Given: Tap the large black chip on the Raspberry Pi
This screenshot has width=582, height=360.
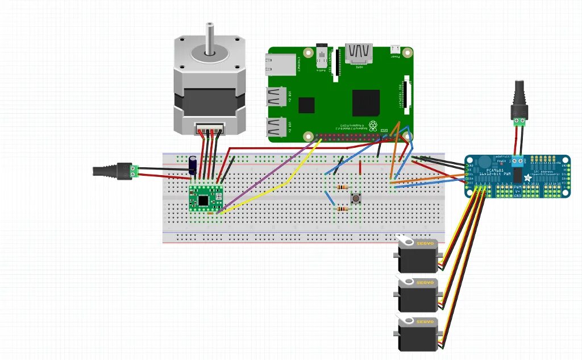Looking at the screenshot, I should [365, 102].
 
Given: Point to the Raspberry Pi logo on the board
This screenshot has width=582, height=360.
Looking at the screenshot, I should [373, 125].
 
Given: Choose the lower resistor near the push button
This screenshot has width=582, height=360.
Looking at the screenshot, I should [343, 209].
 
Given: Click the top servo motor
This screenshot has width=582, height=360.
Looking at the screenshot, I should [419, 256].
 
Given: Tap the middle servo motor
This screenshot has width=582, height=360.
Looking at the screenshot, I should [419, 295].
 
